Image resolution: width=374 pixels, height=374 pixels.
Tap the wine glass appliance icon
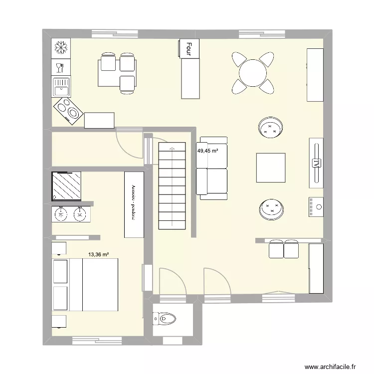point(60,67)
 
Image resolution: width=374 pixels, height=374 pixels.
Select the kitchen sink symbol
point(61,86)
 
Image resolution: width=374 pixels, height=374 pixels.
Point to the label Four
point(189,48)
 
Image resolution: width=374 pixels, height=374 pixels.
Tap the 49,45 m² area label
point(208,151)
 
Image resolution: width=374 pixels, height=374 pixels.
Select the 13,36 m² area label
point(99,254)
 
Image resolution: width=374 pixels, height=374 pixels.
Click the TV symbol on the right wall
point(315,163)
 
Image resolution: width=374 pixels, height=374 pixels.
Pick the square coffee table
point(271,168)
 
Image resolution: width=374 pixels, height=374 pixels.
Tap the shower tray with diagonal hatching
point(66,186)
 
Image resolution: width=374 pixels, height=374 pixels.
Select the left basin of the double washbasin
point(61,214)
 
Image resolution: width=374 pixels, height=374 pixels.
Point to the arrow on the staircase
point(172,149)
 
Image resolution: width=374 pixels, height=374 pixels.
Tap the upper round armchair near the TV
point(271,128)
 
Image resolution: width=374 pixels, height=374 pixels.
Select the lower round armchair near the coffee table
point(271,209)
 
